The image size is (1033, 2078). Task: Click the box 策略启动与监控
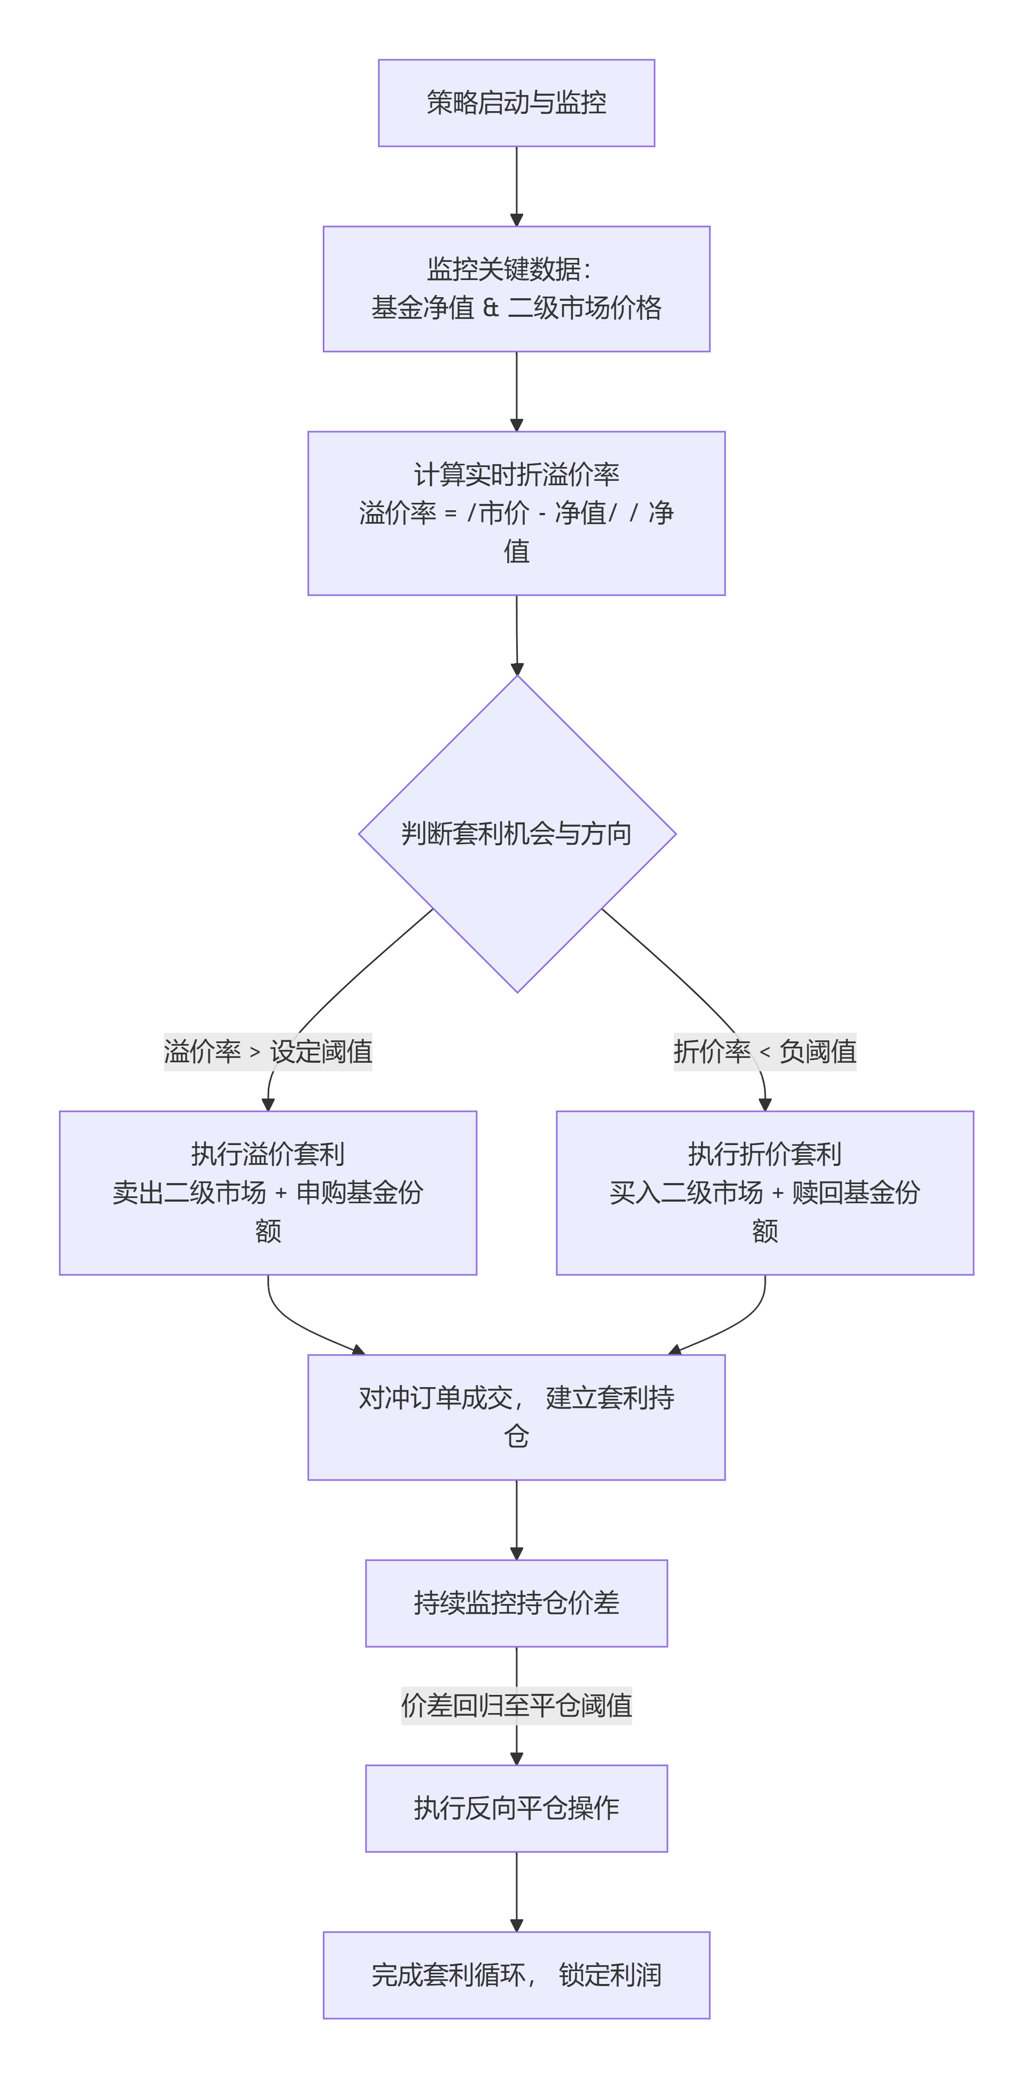tap(516, 103)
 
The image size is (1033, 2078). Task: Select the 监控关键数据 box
tap(516, 288)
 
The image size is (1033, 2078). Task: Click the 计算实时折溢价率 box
tap(516, 513)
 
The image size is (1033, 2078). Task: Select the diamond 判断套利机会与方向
tap(516, 834)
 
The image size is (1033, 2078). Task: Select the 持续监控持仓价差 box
tap(516, 1603)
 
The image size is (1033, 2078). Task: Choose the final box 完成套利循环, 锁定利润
tap(516, 1975)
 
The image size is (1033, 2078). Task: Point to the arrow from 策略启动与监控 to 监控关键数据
tap(516, 185)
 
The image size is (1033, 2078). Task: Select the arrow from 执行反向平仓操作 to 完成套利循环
tap(516, 1892)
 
